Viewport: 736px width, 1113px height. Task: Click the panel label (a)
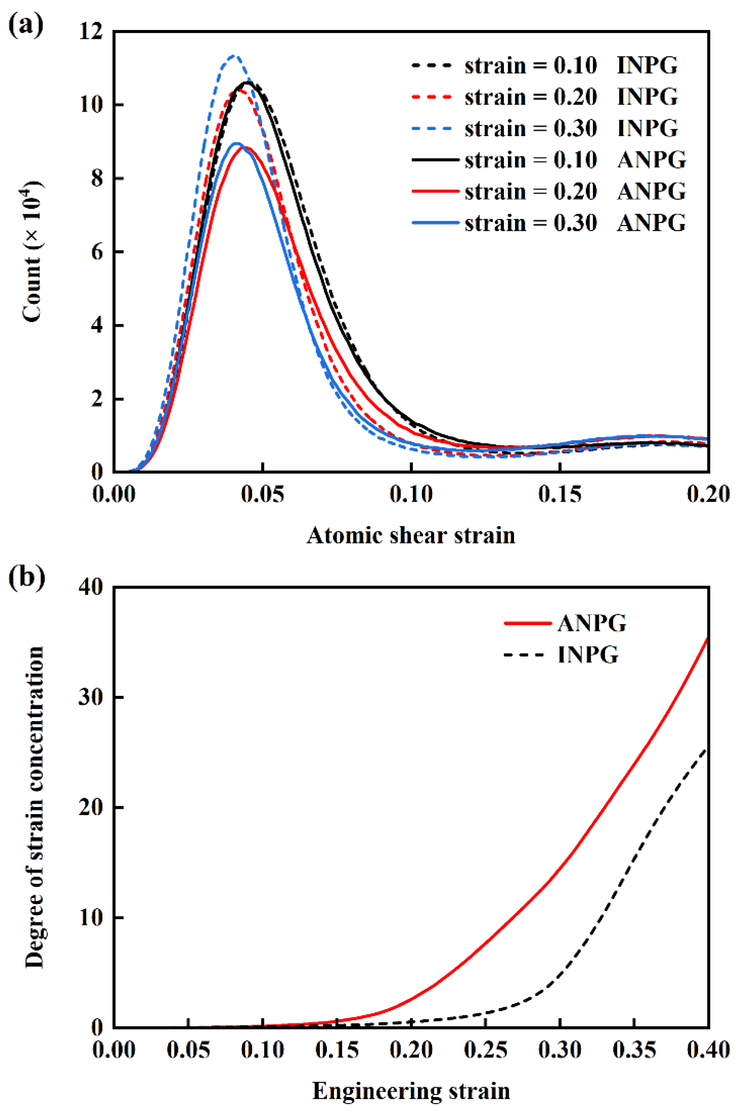pyautogui.click(x=26, y=26)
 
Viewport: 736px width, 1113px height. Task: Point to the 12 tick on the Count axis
pyautogui.click(x=92, y=32)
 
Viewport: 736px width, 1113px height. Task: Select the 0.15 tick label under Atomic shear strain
pyautogui.click(x=560, y=494)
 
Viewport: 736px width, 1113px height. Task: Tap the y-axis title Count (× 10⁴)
pyautogui.click(x=32, y=252)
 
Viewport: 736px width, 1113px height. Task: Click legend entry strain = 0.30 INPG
pyautogui.click(x=544, y=128)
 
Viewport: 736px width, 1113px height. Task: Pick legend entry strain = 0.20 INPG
pyautogui.click(x=544, y=97)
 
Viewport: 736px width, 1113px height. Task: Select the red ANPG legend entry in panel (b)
pyautogui.click(x=565, y=624)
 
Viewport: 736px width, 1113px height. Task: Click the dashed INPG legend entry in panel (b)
pyautogui.click(x=561, y=654)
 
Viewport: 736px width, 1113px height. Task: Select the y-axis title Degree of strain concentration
pyautogui.click(x=34, y=807)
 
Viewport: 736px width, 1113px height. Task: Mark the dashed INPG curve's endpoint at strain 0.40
pyautogui.click(x=707, y=750)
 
